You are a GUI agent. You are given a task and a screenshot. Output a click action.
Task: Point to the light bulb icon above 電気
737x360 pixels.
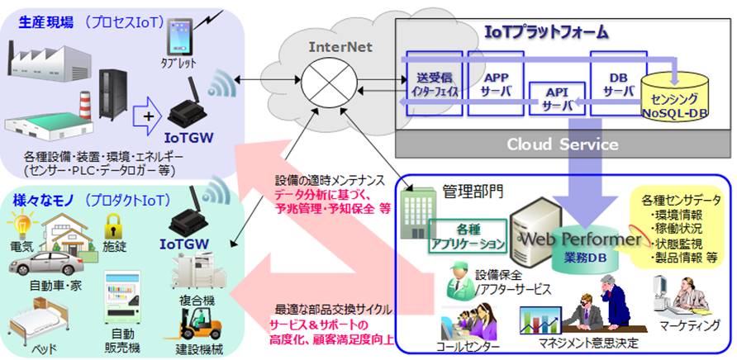(20, 224)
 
